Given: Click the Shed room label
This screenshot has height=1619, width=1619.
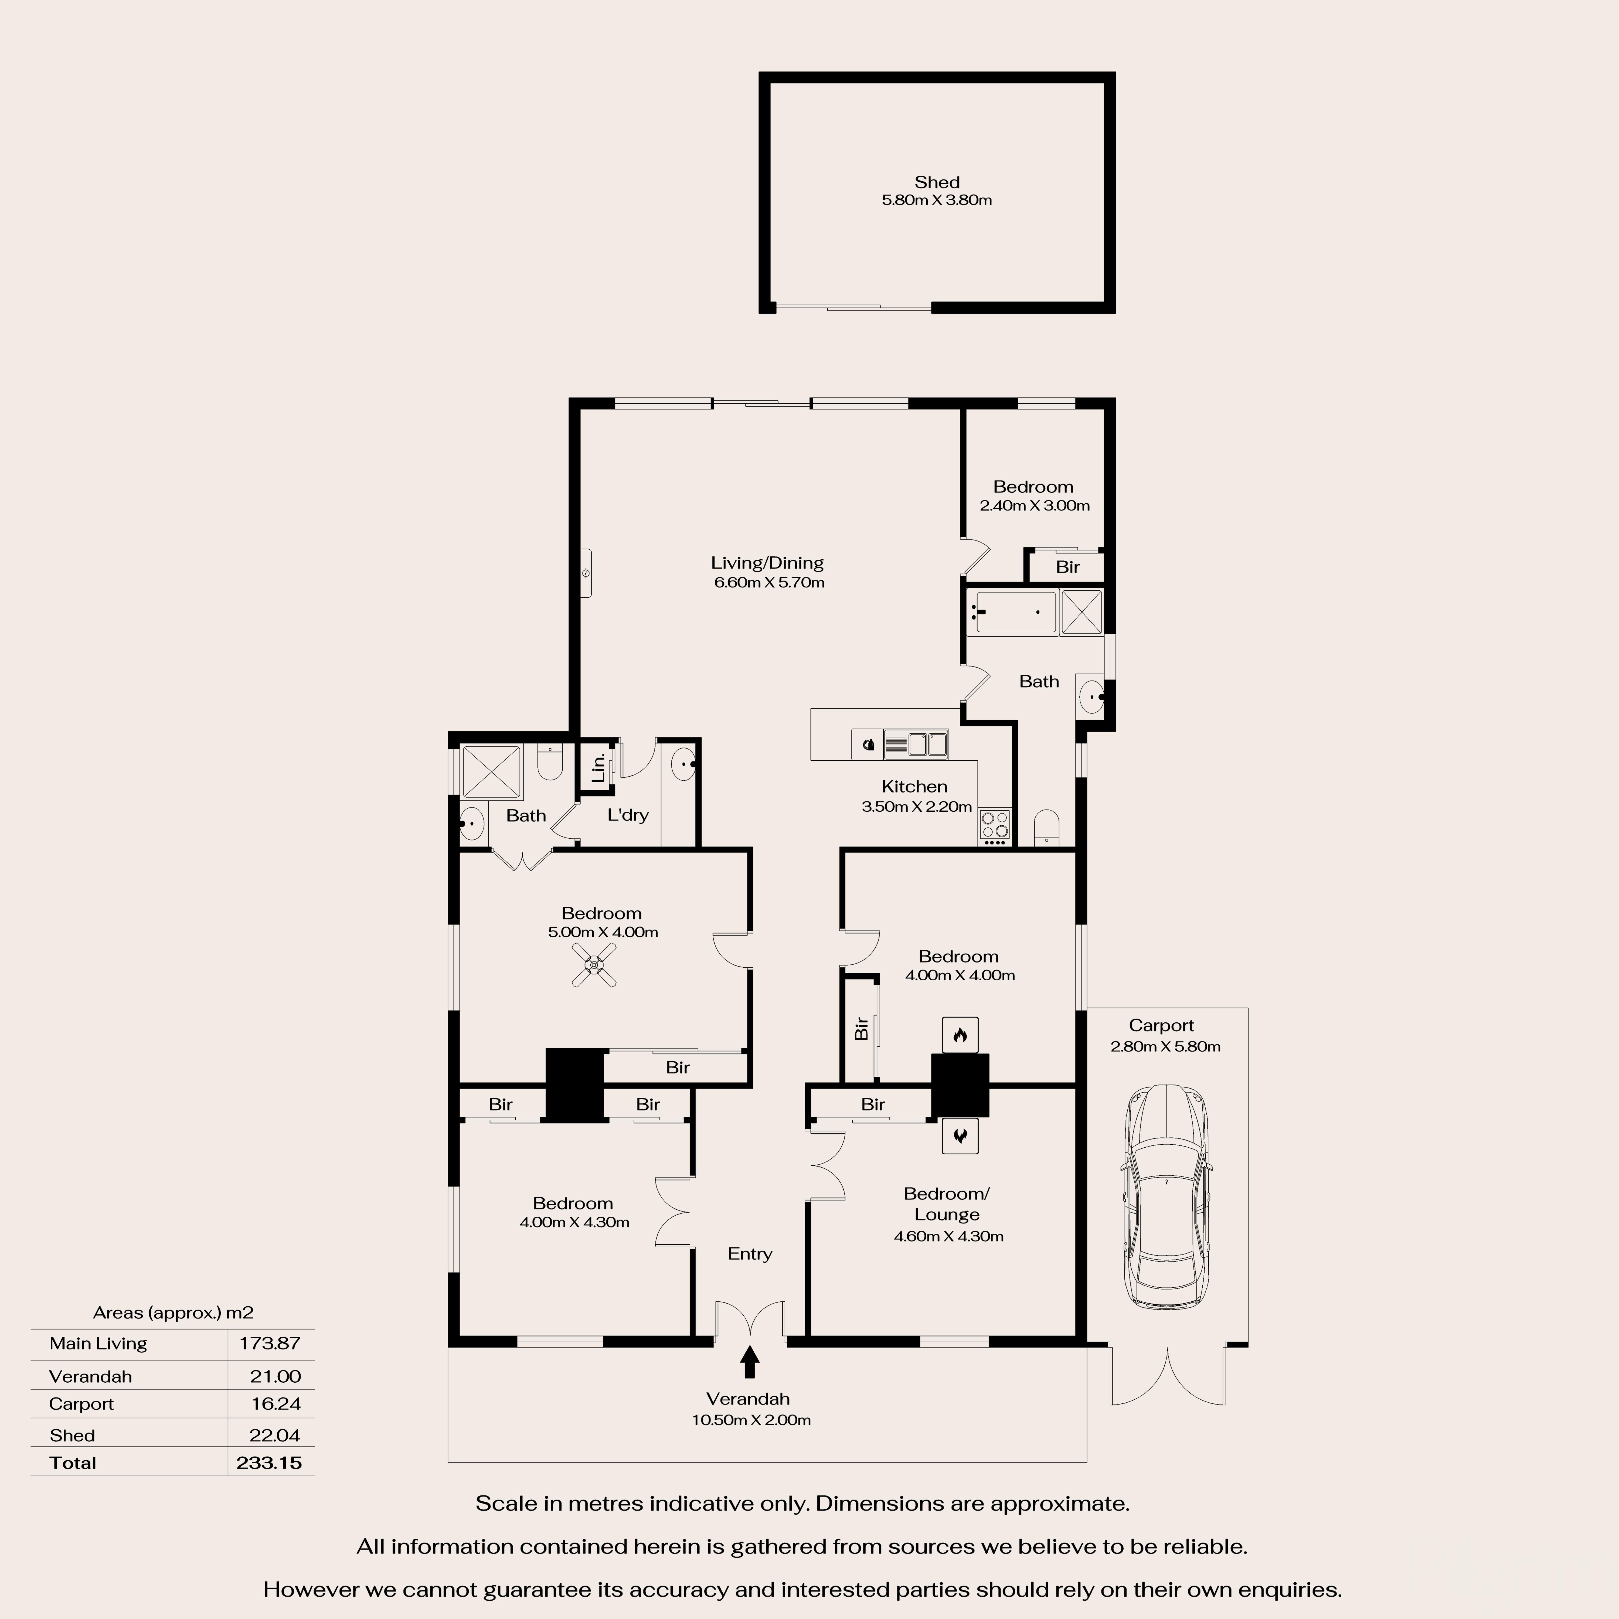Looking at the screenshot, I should click(936, 182).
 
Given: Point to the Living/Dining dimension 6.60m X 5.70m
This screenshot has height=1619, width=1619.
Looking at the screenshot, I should click(768, 582).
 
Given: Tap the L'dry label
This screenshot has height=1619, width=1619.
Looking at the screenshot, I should click(628, 815).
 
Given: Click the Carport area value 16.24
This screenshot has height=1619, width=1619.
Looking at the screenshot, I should click(275, 1404).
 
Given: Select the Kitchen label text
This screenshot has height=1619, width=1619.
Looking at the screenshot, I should click(914, 786).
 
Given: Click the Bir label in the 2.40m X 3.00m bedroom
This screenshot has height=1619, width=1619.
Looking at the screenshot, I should click(1067, 567).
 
